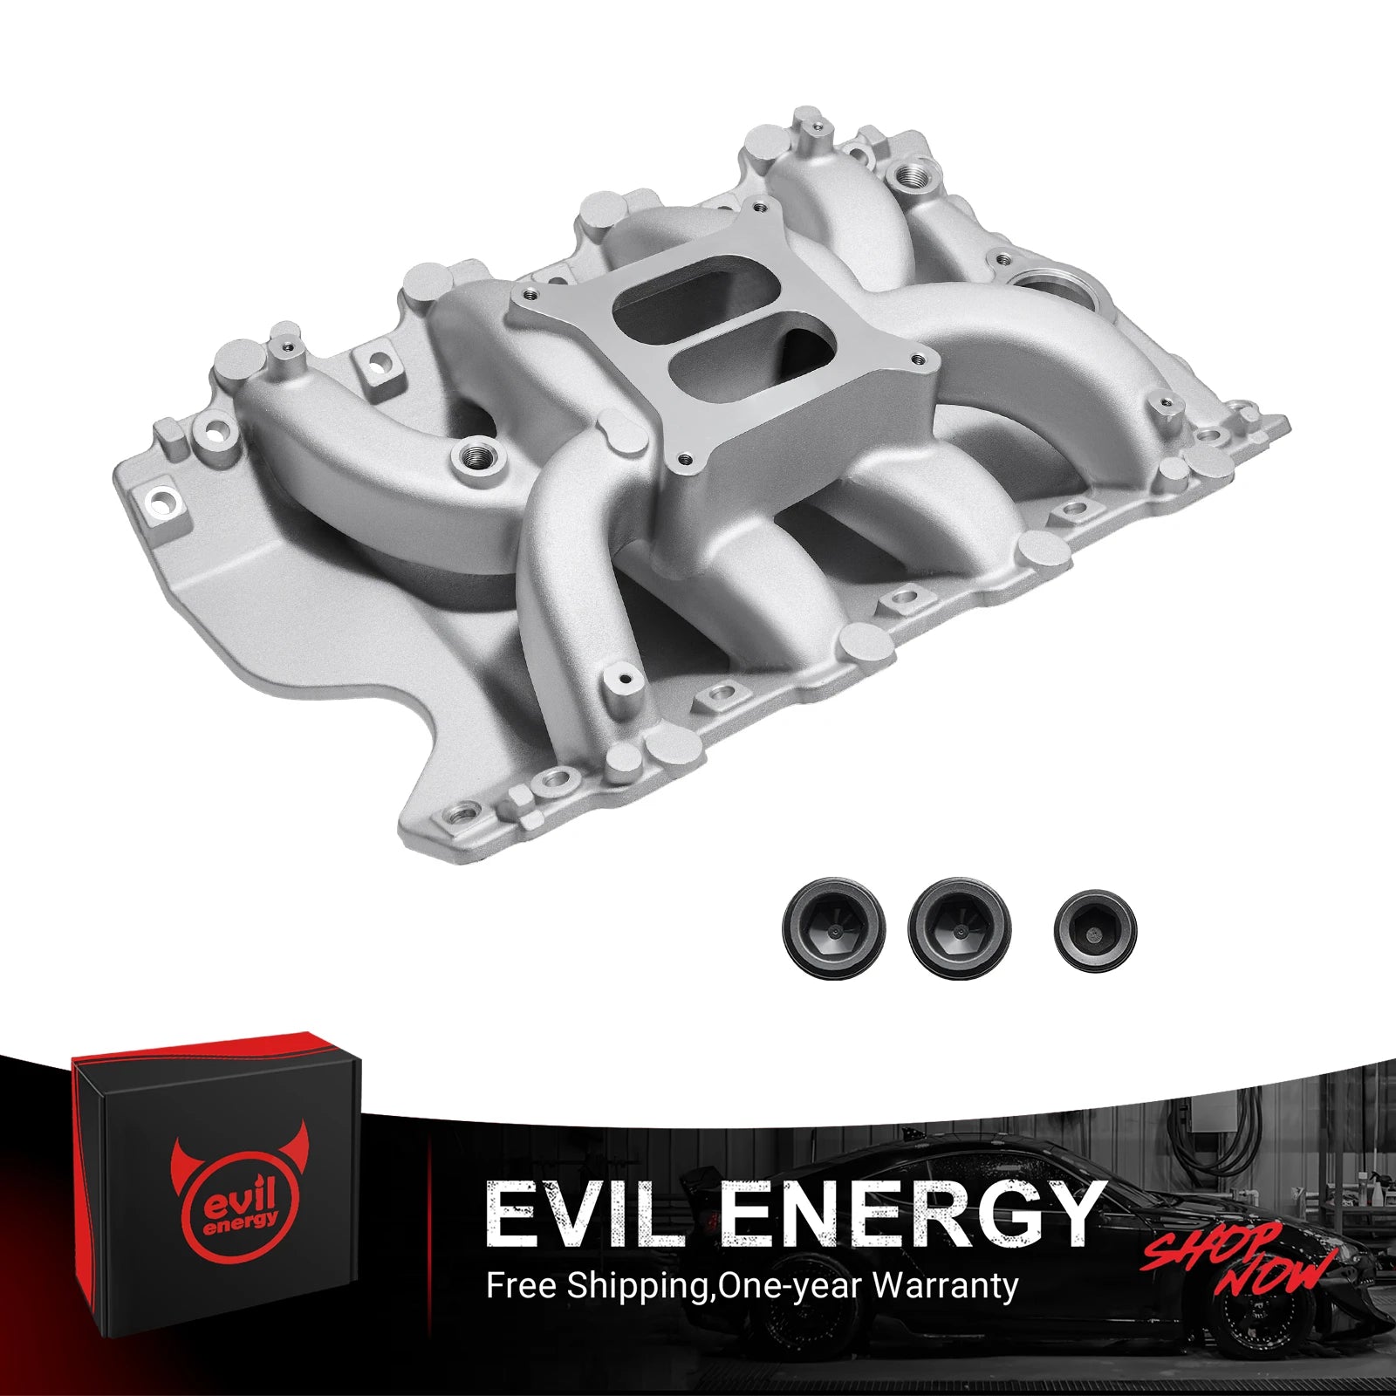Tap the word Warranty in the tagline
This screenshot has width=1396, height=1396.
945,1285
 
